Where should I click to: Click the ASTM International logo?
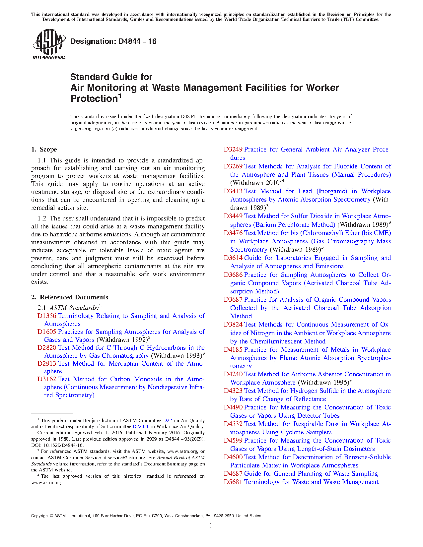49,44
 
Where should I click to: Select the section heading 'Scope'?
48,150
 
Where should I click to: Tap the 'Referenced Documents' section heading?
74,297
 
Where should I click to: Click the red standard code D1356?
47,316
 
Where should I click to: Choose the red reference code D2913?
47,364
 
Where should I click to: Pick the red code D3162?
47,379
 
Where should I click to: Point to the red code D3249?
233,150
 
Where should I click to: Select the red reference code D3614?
233,258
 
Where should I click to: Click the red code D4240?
233,374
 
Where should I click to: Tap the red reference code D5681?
233,482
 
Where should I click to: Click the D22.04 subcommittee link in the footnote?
140,427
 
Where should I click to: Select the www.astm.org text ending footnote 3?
46,482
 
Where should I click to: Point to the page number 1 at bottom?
211,525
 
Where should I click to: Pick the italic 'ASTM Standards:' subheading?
74,308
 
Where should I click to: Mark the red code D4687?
233,474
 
